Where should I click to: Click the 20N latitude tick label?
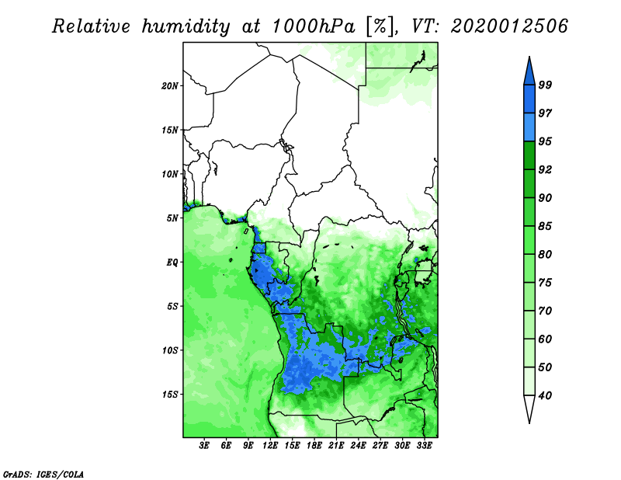(171, 85)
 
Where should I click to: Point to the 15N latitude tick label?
(171, 130)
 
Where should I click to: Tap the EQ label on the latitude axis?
(172, 263)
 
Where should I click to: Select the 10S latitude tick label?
(171, 350)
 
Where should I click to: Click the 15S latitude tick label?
(171, 395)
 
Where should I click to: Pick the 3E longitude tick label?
(204, 446)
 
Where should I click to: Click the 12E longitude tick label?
(270, 446)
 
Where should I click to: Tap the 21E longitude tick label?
(336, 446)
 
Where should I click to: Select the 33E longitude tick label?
(424, 446)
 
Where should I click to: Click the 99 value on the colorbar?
(546, 85)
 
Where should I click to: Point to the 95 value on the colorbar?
(546, 141)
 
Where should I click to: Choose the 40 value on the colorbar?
(546, 395)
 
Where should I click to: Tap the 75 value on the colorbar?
(546, 283)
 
